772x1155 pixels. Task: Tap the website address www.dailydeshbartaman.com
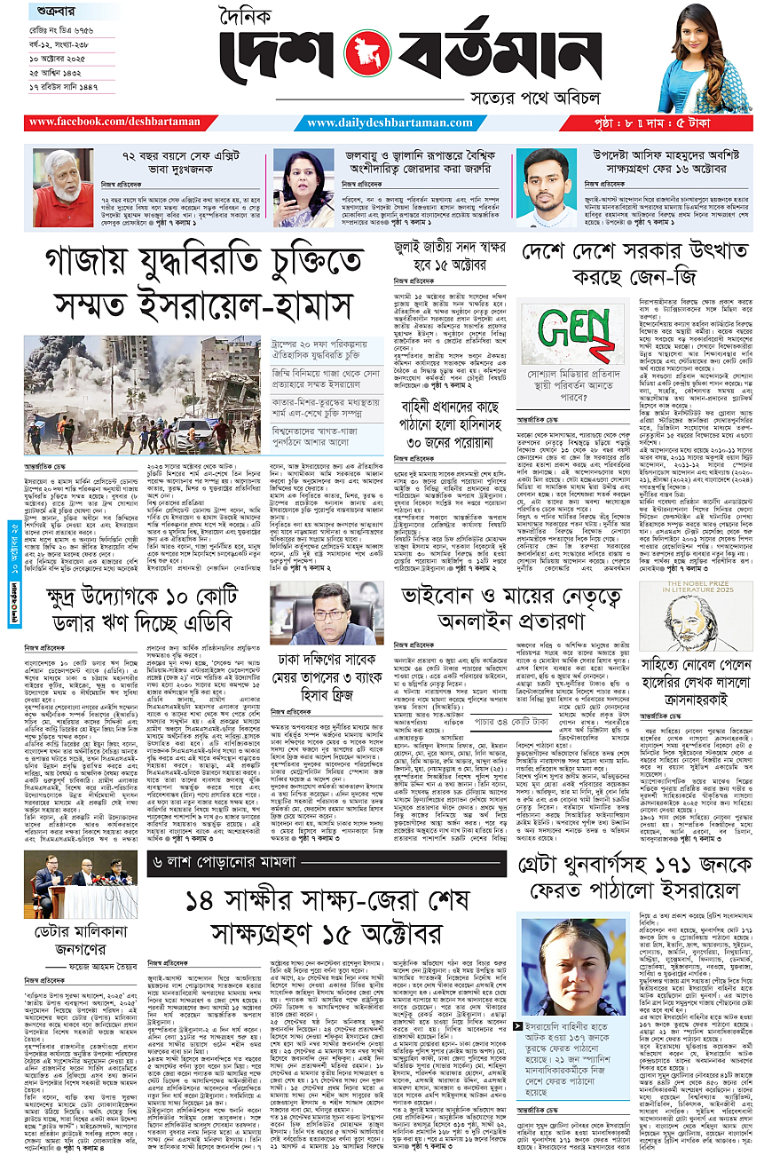388,122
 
